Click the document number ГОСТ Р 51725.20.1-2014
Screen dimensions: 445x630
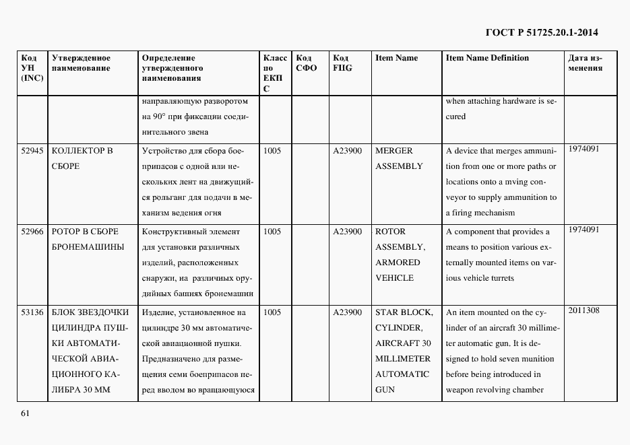542,32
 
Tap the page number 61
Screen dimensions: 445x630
25,413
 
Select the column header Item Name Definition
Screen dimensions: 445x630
487,58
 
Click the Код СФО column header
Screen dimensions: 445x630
307,63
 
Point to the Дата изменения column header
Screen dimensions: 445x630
585,63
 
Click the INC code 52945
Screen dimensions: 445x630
32,151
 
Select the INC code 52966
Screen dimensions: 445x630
32,232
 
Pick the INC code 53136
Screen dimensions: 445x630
32,312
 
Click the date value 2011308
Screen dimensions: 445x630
584,310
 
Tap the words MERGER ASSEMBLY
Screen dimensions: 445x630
398,158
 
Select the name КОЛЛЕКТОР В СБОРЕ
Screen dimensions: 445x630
82,158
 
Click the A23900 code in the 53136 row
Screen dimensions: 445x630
348,312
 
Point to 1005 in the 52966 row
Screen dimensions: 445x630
272,232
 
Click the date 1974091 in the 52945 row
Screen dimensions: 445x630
584,149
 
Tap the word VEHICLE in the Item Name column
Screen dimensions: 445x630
394,278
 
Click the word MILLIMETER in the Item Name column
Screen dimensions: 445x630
403,359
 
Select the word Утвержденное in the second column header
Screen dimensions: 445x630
81,58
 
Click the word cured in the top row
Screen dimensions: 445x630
455,116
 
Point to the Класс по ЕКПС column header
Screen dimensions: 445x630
275,73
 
